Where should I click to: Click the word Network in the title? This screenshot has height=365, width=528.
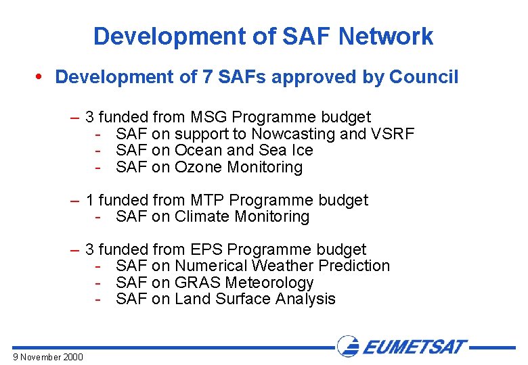[x=387, y=36]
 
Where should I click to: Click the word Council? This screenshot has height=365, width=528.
[x=424, y=77]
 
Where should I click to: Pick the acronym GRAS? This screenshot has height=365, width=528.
[x=198, y=283]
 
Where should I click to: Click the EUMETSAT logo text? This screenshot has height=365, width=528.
[x=414, y=347]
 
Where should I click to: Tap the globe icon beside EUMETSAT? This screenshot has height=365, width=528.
[x=349, y=347]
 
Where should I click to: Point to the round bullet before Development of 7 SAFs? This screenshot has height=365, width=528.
[x=44, y=77]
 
